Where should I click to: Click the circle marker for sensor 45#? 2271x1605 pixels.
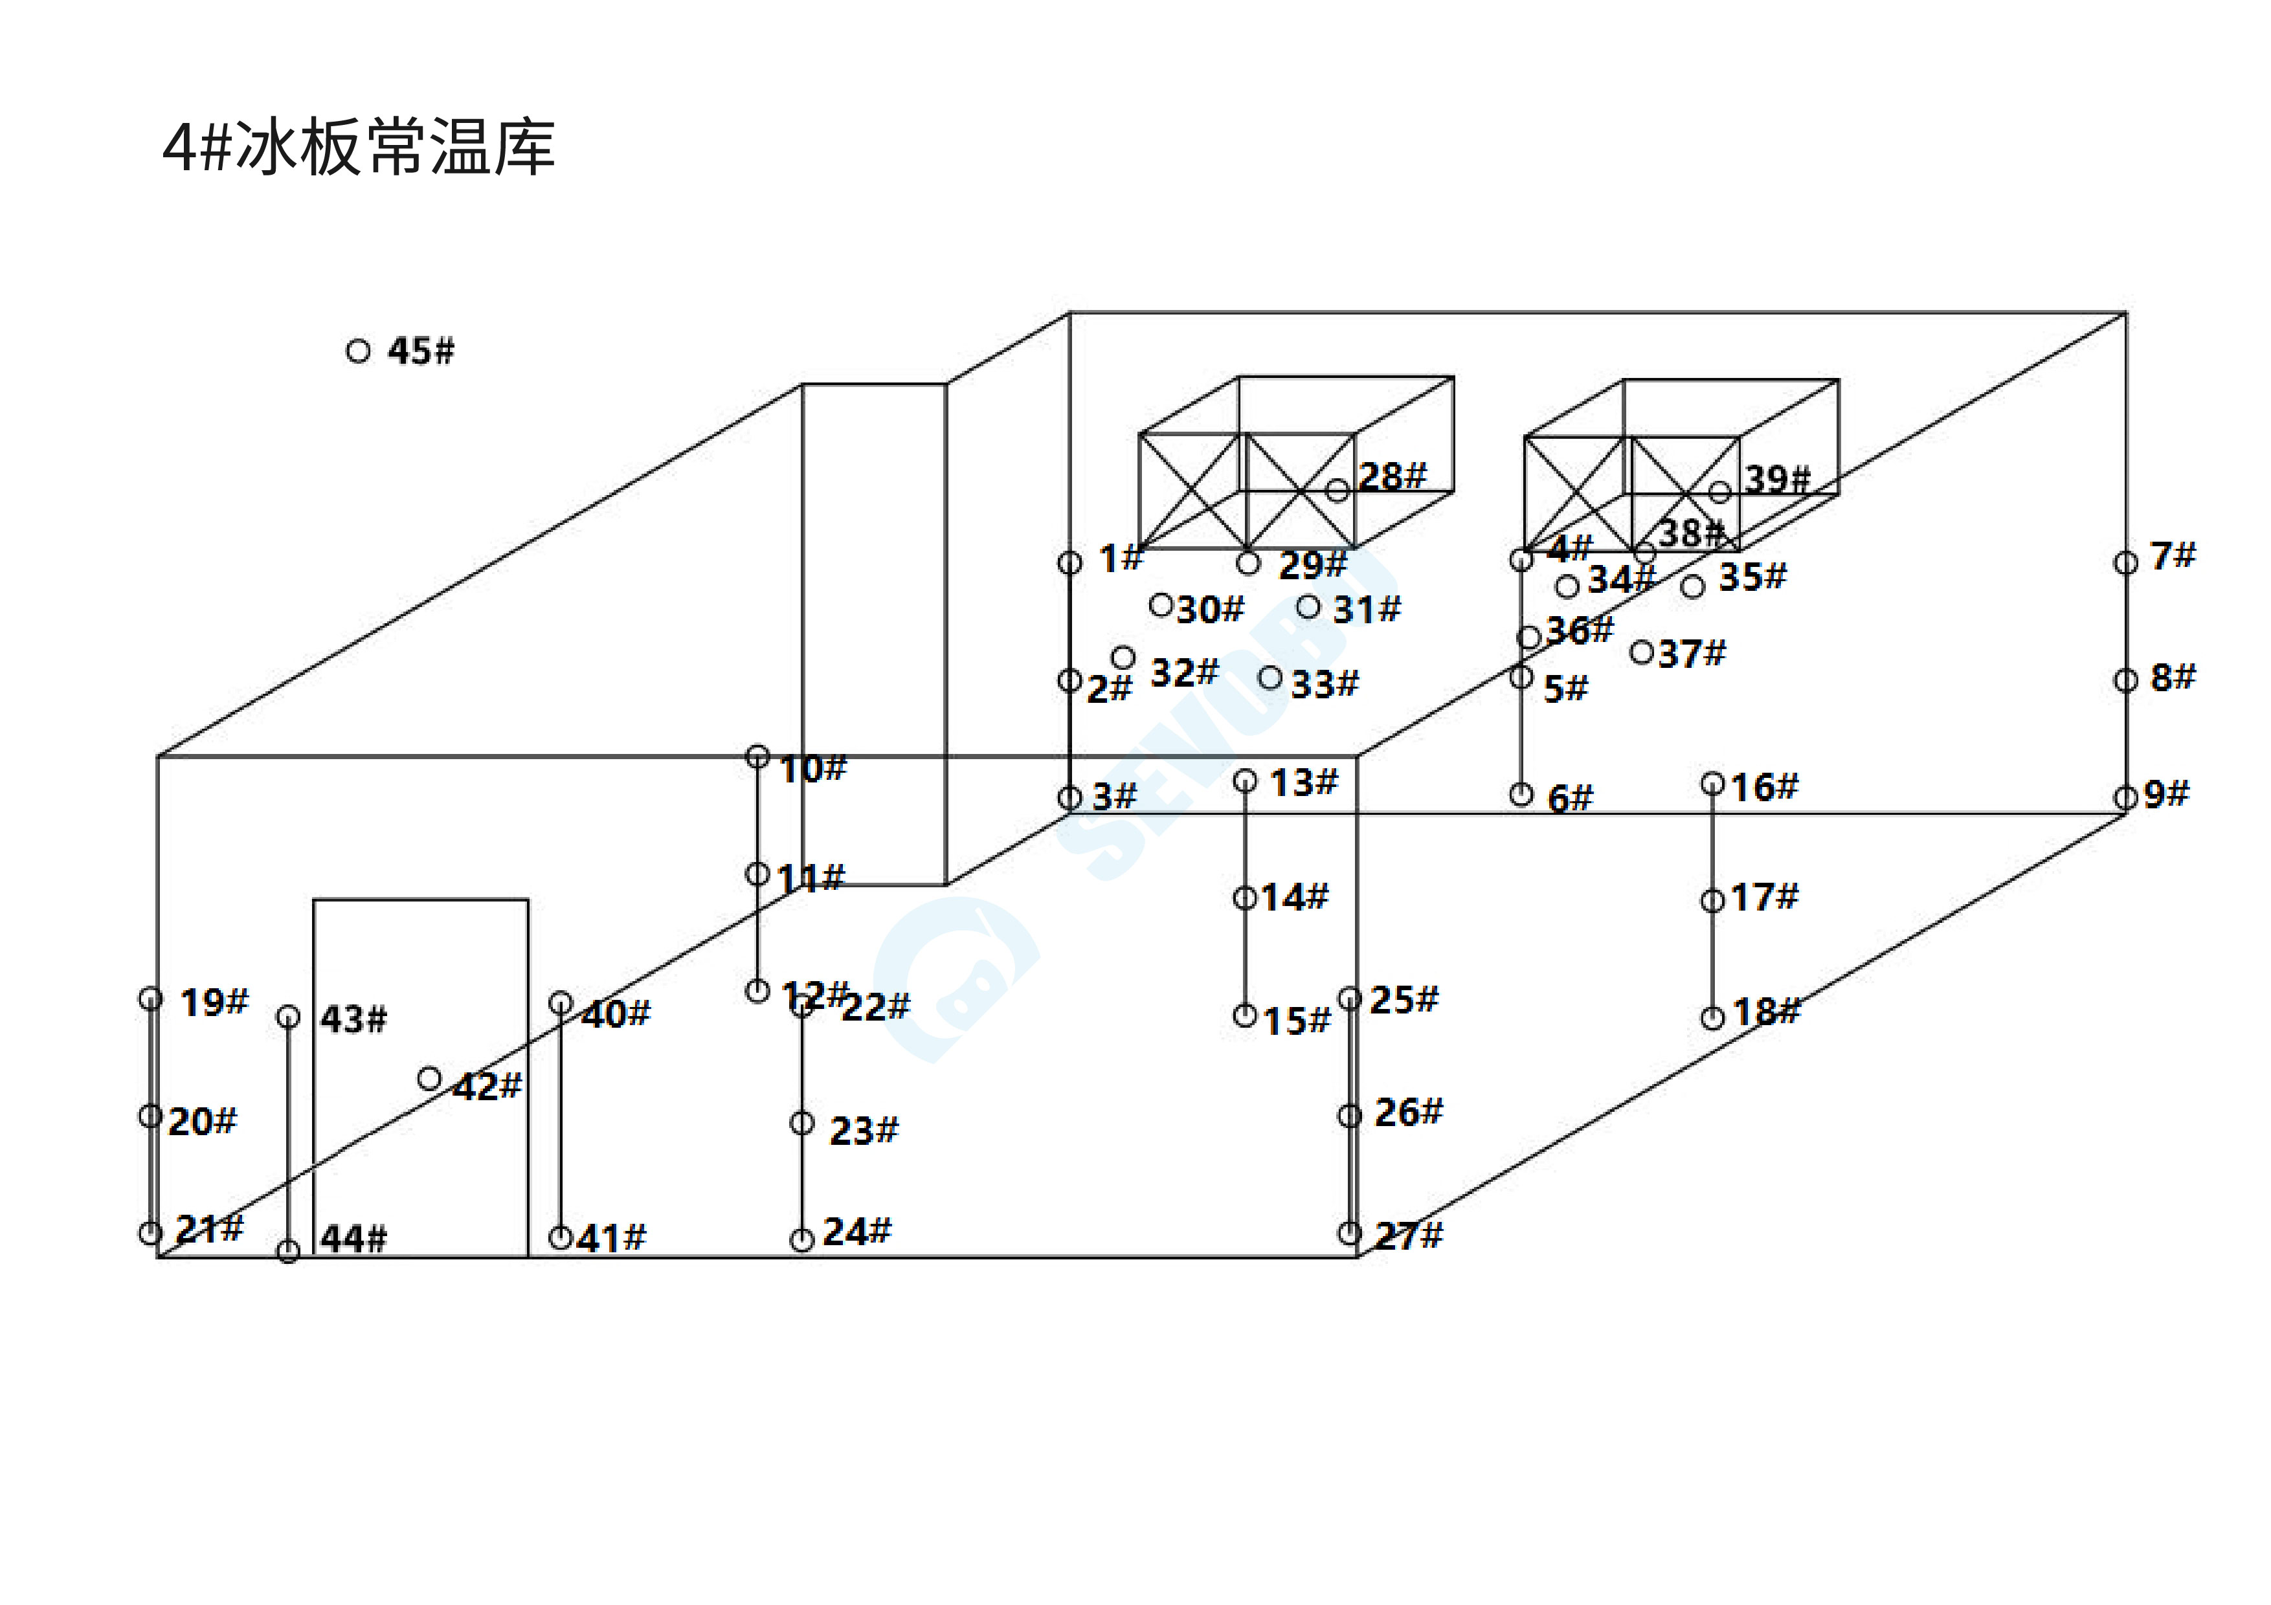click(358, 351)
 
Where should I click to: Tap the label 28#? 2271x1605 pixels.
click(1392, 477)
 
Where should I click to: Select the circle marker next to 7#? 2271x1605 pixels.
click(2125, 562)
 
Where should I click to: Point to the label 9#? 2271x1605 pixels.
click(2166, 794)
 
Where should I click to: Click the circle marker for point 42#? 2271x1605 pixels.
click(429, 1078)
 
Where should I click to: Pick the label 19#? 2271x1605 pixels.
click(214, 1002)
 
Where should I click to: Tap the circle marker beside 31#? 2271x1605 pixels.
click(1308, 607)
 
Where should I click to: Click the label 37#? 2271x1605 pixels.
click(1692, 654)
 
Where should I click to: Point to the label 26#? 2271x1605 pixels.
click(1409, 1112)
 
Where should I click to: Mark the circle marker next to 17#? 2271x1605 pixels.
click(1712, 901)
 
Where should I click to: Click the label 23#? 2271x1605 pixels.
click(864, 1131)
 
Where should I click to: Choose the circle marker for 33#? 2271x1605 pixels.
click(1271, 678)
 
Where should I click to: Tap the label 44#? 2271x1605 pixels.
click(353, 1238)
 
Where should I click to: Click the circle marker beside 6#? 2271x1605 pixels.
click(1521, 794)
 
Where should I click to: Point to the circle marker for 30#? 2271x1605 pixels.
click(1161, 604)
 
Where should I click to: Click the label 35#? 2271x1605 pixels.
click(1752, 577)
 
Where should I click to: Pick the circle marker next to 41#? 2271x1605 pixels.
click(560, 1237)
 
